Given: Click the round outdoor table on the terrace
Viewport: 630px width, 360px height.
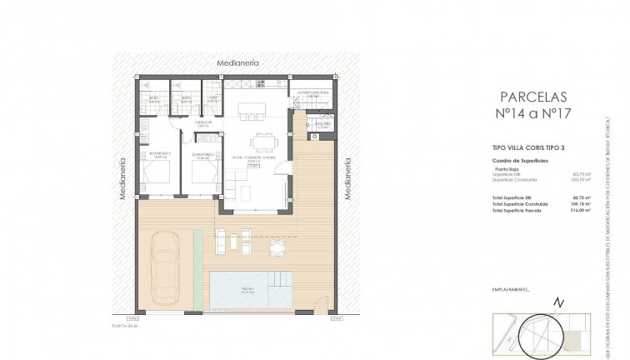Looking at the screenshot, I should point(274,247).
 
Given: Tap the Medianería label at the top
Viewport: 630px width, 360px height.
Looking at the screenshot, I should point(237,63).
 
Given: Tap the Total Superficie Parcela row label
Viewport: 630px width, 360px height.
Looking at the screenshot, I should point(517,210).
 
